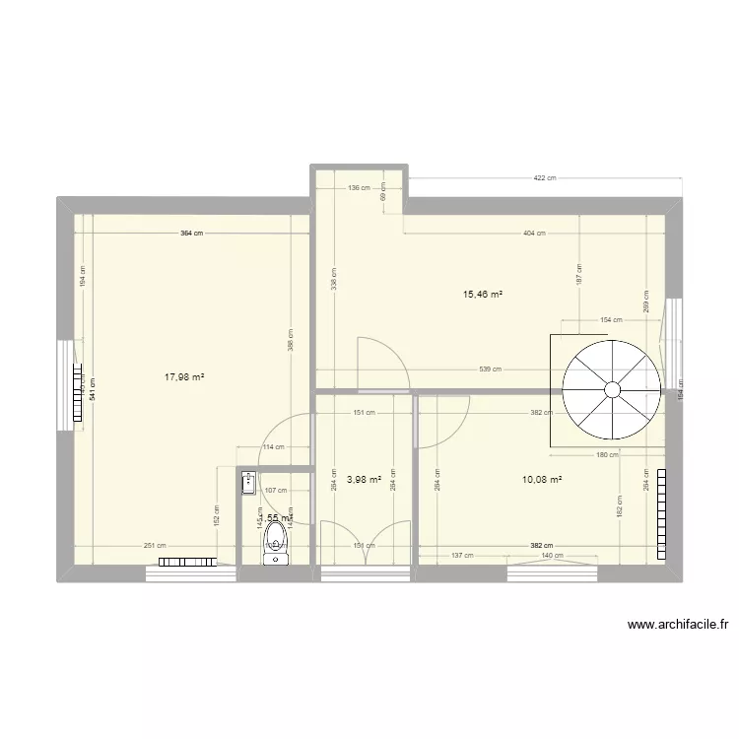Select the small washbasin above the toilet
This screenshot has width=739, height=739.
246,482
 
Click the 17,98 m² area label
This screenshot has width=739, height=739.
184,375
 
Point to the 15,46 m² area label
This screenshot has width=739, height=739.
483,294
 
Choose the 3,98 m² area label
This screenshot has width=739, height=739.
364,480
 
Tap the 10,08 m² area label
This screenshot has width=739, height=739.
542,480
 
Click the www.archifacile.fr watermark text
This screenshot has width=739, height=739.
677,624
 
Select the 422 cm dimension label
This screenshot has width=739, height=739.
545,178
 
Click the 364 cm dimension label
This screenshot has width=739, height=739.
192,234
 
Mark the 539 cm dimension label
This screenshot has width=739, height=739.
490,369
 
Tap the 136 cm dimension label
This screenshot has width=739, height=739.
359,188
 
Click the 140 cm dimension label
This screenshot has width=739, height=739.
552,555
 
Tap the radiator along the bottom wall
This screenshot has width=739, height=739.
186,563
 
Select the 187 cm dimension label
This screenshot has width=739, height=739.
579,279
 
